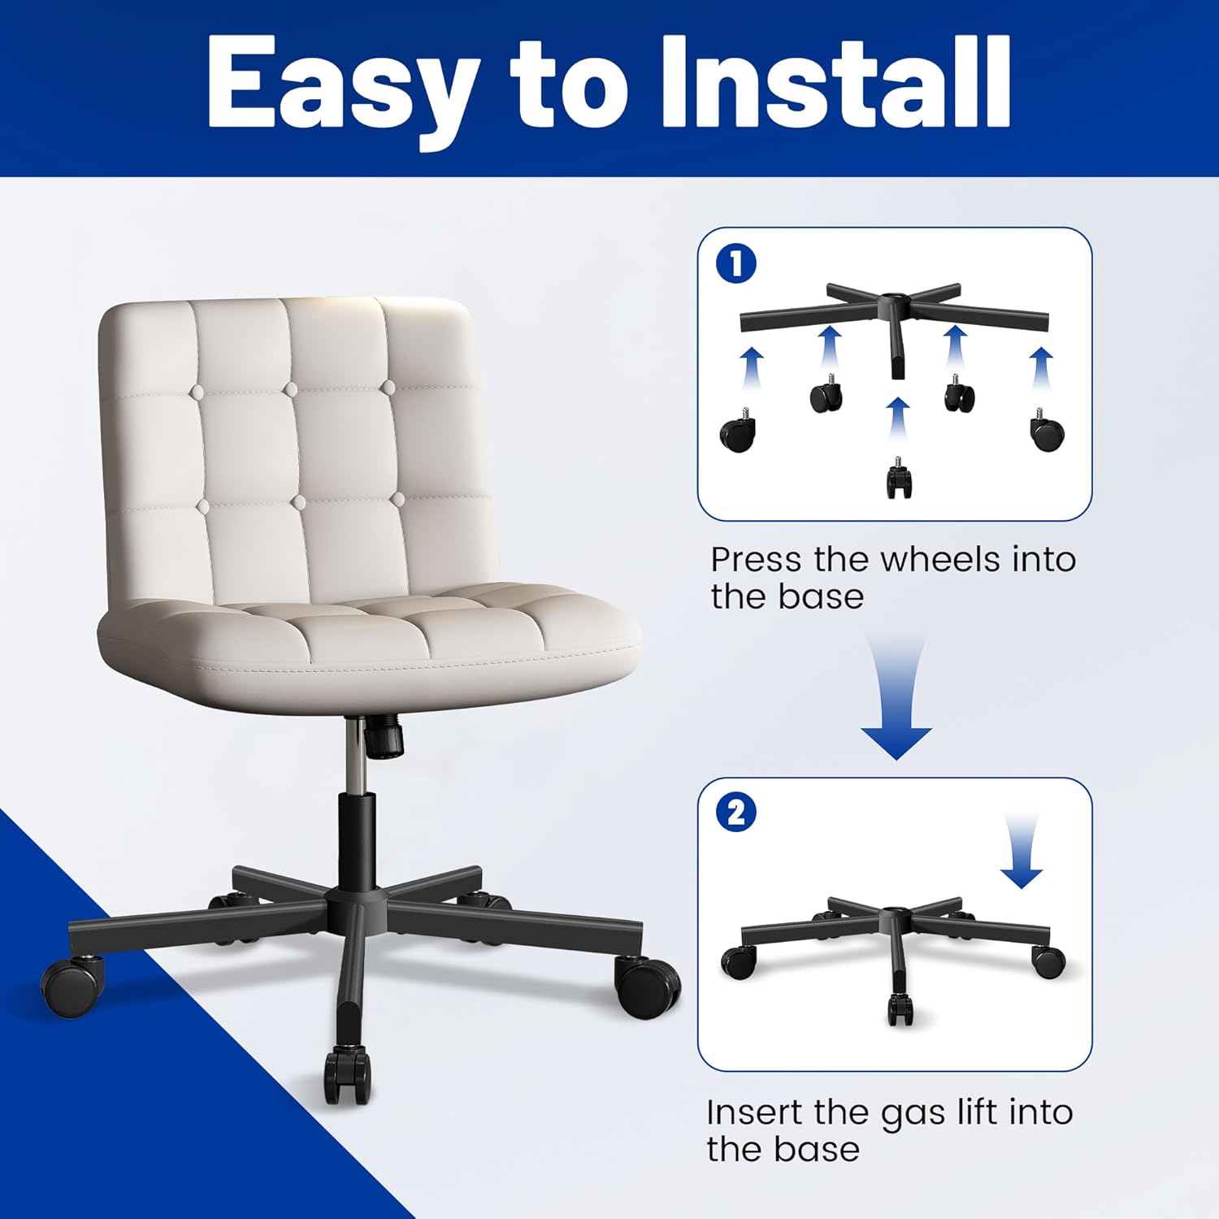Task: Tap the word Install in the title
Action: click(x=836, y=81)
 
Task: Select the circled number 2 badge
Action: click(x=736, y=813)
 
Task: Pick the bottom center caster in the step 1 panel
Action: click(x=898, y=478)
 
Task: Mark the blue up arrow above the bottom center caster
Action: click(x=898, y=422)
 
